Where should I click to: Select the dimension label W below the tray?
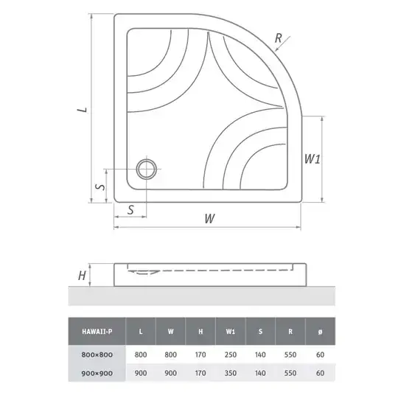(x=209, y=218)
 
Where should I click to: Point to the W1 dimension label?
(x=313, y=158)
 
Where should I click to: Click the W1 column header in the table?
(x=231, y=332)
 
